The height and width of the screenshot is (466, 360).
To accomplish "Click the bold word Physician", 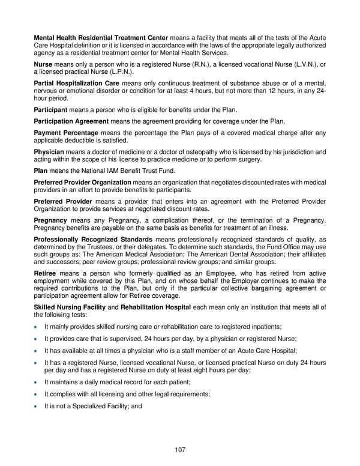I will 50,152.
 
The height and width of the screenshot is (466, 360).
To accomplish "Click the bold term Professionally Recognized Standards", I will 93,240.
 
